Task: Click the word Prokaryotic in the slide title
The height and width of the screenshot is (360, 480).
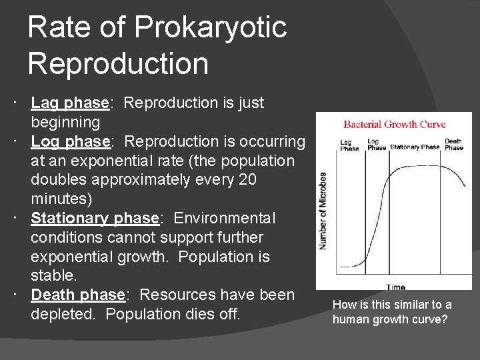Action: [x=210, y=27]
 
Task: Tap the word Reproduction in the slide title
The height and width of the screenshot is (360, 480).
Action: [x=118, y=64]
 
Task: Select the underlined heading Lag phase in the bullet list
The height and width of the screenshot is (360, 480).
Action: [x=70, y=103]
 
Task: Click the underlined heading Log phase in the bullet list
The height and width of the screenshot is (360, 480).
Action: [x=70, y=142]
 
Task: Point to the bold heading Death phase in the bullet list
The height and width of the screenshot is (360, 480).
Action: [x=78, y=295]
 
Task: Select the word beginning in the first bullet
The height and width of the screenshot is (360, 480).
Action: [x=65, y=123]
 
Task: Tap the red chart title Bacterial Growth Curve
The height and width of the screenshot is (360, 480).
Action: [x=394, y=125]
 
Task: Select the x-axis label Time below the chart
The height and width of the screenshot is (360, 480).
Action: [x=395, y=287]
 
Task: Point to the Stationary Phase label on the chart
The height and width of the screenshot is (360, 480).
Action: [x=415, y=147]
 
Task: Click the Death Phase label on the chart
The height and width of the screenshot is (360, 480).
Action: [x=453, y=144]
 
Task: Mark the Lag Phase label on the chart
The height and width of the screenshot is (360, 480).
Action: [x=350, y=145]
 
